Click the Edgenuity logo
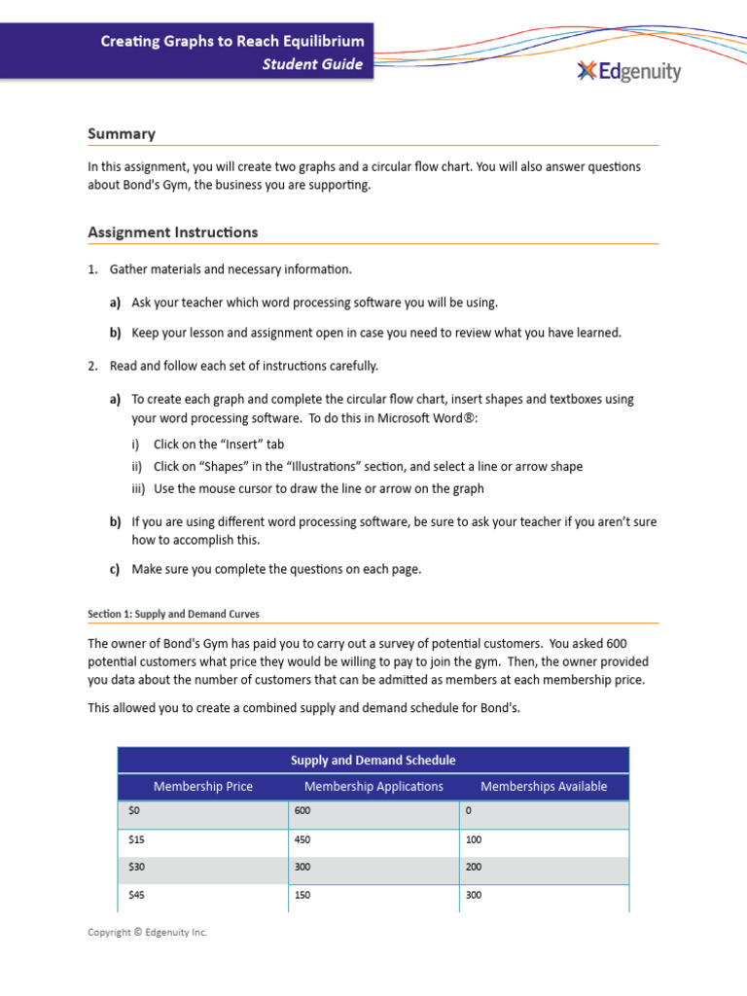628,71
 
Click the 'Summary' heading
122,133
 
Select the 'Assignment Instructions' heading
173,232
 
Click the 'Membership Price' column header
202,786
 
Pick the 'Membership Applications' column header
373,786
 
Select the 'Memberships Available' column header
544,786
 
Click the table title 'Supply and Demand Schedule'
373,760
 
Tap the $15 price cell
136,839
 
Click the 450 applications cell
302,839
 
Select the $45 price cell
136,895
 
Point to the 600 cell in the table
302,811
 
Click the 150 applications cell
302,895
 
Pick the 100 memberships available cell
475,839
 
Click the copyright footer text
148,932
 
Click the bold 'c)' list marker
115,570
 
